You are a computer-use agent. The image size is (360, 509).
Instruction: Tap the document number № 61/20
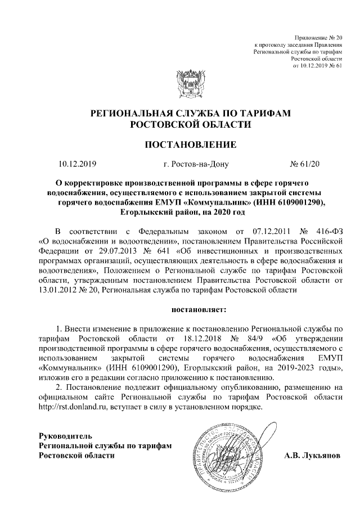tap(304, 165)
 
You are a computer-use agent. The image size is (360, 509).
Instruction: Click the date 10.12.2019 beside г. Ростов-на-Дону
tap(78, 165)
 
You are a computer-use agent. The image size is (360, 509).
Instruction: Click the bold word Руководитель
tap(64, 436)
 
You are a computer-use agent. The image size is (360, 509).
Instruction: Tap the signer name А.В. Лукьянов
tap(312, 456)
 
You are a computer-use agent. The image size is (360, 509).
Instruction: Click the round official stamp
tap(225, 452)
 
